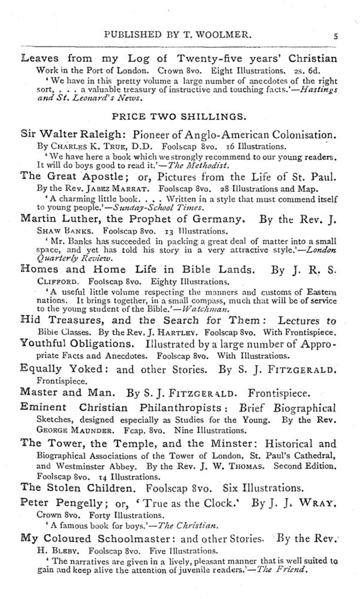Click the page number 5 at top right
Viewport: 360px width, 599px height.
pos(336,35)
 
